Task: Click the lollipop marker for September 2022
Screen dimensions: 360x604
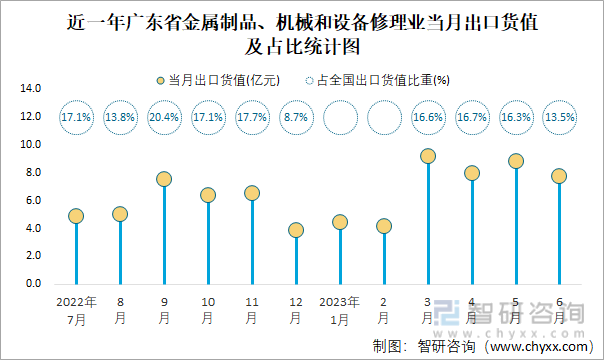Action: click(x=164, y=179)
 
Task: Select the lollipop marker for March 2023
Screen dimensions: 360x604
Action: click(x=428, y=156)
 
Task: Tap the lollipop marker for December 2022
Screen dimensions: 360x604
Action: click(x=296, y=230)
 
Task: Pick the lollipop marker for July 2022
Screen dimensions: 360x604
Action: click(x=76, y=216)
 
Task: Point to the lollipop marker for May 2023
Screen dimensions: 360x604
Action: click(x=516, y=161)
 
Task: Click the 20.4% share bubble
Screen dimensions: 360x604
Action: click(x=164, y=117)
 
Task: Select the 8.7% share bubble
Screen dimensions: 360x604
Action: click(x=296, y=117)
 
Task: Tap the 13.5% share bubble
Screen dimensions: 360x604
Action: click(x=560, y=117)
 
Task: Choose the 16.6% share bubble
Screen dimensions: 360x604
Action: click(x=428, y=117)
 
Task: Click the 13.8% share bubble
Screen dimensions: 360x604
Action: click(x=120, y=117)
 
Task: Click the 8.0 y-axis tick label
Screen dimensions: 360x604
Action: click(x=33, y=173)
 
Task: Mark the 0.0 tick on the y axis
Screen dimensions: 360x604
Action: click(x=33, y=285)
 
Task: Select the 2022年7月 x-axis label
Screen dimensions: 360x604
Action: click(x=76, y=309)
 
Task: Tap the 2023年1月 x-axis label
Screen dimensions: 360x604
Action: click(x=340, y=309)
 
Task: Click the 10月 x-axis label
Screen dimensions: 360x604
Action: click(x=208, y=309)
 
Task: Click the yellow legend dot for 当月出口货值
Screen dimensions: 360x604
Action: click(x=159, y=81)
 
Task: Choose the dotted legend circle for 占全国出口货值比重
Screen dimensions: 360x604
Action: click(x=309, y=81)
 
